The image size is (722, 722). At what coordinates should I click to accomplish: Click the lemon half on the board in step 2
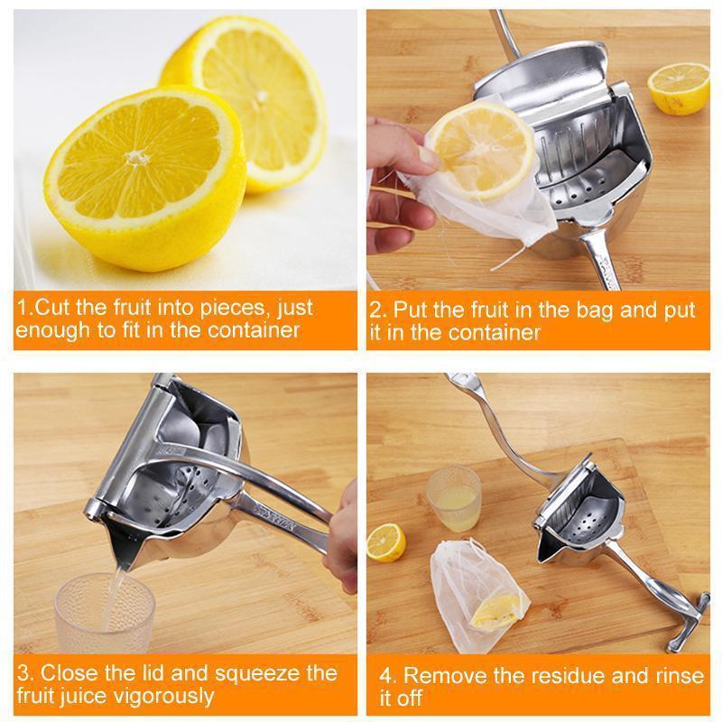pyautogui.click(x=679, y=88)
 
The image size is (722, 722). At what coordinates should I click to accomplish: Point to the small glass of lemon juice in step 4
pyautogui.click(x=453, y=498)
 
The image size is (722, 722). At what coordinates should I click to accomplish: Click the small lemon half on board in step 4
pyautogui.click(x=386, y=542)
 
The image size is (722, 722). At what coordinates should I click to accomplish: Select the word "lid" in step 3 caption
pyautogui.click(x=159, y=673)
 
